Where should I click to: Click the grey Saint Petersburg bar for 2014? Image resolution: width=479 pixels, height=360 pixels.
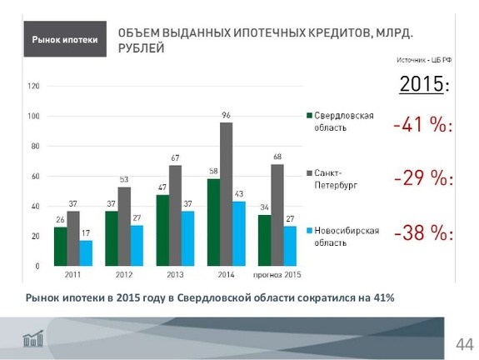(226, 193)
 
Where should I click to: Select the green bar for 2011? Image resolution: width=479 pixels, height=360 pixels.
(61, 246)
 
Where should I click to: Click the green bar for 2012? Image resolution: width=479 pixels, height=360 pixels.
(112, 237)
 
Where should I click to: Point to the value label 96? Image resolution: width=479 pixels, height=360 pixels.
(226, 114)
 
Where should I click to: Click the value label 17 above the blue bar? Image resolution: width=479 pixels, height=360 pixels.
(86, 232)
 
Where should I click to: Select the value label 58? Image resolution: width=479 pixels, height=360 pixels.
(212, 171)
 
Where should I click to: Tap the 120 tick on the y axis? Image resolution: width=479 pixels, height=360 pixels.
(34, 86)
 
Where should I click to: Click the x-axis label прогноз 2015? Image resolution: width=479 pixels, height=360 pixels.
(276, 276)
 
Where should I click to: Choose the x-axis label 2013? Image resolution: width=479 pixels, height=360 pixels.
(175, 276)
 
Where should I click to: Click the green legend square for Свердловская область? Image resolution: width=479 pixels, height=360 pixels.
(308, 116)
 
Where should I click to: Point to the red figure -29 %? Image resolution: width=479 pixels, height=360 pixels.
(422, 179)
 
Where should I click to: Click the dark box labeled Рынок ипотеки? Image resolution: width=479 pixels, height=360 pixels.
(64, 40)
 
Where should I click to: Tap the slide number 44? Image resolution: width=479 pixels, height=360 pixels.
(463, 344)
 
